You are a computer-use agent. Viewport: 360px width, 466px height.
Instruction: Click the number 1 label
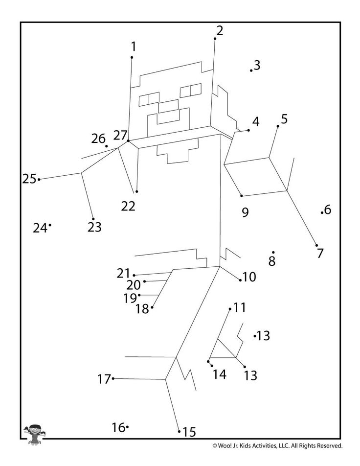[133, 47]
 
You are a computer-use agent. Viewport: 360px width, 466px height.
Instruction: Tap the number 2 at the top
[219, 30]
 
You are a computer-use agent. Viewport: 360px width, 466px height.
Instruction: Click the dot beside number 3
[251, 70]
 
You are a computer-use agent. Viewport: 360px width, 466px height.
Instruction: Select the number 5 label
[284, 119]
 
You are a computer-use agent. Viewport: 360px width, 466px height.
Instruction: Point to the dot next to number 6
[322, 212]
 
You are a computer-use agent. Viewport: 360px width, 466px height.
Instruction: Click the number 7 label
[320, 254]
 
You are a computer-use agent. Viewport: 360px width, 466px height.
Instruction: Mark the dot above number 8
[273, 253]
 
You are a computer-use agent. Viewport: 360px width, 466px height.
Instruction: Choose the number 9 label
[245, 212]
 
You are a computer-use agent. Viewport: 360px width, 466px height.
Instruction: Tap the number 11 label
[240, 308]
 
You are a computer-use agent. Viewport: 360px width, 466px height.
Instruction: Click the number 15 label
[189, 432]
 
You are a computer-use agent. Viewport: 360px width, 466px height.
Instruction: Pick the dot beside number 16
[127, 427]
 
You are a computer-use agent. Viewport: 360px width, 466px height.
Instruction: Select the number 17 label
[104, 379]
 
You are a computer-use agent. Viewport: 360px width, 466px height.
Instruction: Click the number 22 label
[128, 206]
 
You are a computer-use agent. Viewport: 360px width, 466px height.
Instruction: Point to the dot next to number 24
[50, 225]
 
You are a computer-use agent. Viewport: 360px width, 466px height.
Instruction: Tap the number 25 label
[29, 179]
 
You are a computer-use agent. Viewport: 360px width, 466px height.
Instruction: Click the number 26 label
[98, 139]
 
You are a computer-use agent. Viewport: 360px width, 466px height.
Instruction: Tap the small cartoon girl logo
[34, 434]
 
